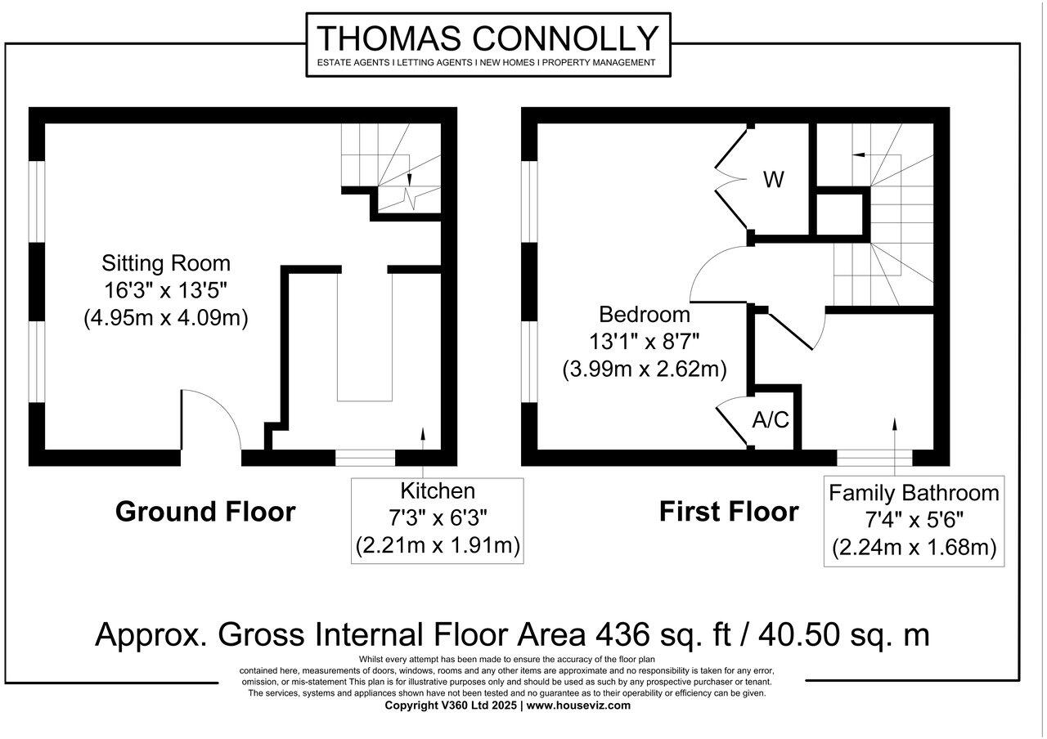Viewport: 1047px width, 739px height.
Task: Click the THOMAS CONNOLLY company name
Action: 488,38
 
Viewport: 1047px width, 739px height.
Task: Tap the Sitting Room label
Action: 166,263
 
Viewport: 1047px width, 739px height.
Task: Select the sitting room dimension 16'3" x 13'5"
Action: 166,290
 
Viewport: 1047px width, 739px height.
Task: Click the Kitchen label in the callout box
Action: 437,491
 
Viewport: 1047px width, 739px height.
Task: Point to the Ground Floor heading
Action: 205,512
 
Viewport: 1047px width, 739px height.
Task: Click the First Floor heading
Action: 729,512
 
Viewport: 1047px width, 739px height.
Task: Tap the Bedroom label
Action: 645,314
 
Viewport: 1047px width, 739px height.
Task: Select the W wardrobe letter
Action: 773,180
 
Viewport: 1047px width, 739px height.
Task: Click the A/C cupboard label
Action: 771,420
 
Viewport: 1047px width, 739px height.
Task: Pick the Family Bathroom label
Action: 914,493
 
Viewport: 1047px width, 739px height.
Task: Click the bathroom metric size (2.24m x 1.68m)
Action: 914,549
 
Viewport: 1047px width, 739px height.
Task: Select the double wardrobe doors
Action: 732,180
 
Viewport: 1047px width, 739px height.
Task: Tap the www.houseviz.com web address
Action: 578,705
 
